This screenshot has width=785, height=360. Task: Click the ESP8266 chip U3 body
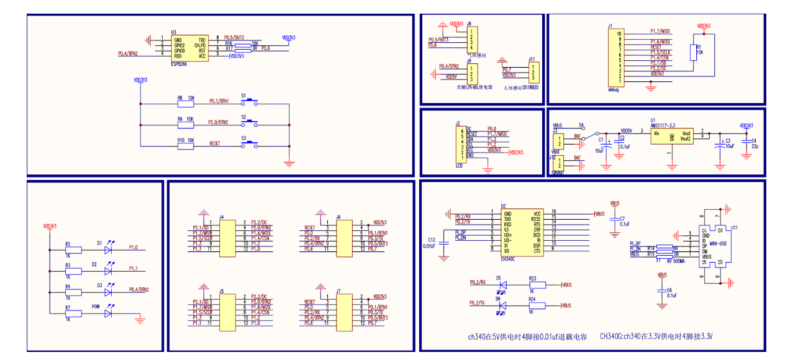tap(189, 47)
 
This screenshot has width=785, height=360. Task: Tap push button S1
tap(250, 102)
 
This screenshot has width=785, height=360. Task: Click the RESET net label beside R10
tap(215, 143)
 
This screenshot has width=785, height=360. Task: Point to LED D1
tap(109, 250)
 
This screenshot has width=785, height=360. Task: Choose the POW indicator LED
tap(109, 314)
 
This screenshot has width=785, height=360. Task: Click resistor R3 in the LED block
tap(73, 271)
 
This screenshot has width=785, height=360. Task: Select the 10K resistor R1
tap(694, 53)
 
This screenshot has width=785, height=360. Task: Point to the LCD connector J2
tap(461, 143)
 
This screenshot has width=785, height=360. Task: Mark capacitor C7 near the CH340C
tap(615, 221)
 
